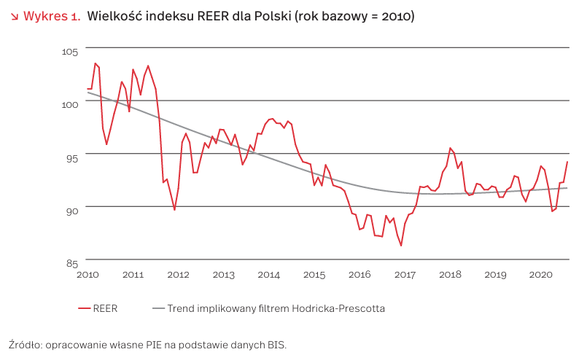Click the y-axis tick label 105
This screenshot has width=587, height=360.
(70, 51)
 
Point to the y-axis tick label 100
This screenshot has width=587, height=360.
(70, 104)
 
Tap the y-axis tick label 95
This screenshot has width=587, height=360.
(72, 158)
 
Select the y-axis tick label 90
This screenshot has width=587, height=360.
(72, 211)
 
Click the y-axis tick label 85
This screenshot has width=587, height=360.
(72, 264)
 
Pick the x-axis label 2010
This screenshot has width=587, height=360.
(88, 275)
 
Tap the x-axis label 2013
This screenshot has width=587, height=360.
(223, 275)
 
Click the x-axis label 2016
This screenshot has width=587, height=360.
(359, 275)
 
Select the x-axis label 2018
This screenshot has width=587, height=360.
(450, 275)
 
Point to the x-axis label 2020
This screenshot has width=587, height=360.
(540, 275)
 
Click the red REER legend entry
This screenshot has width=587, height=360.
(98, 308)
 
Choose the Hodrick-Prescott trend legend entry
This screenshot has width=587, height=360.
(269, 308)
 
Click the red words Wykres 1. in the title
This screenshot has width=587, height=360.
(52, 16)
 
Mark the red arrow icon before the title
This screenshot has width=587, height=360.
(15, 17)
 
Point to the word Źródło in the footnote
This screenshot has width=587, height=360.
(25, 344)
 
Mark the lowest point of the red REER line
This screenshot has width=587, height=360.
(401, 246)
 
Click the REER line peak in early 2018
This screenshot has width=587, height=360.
(450, 148)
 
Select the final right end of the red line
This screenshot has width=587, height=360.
(567, 162)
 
